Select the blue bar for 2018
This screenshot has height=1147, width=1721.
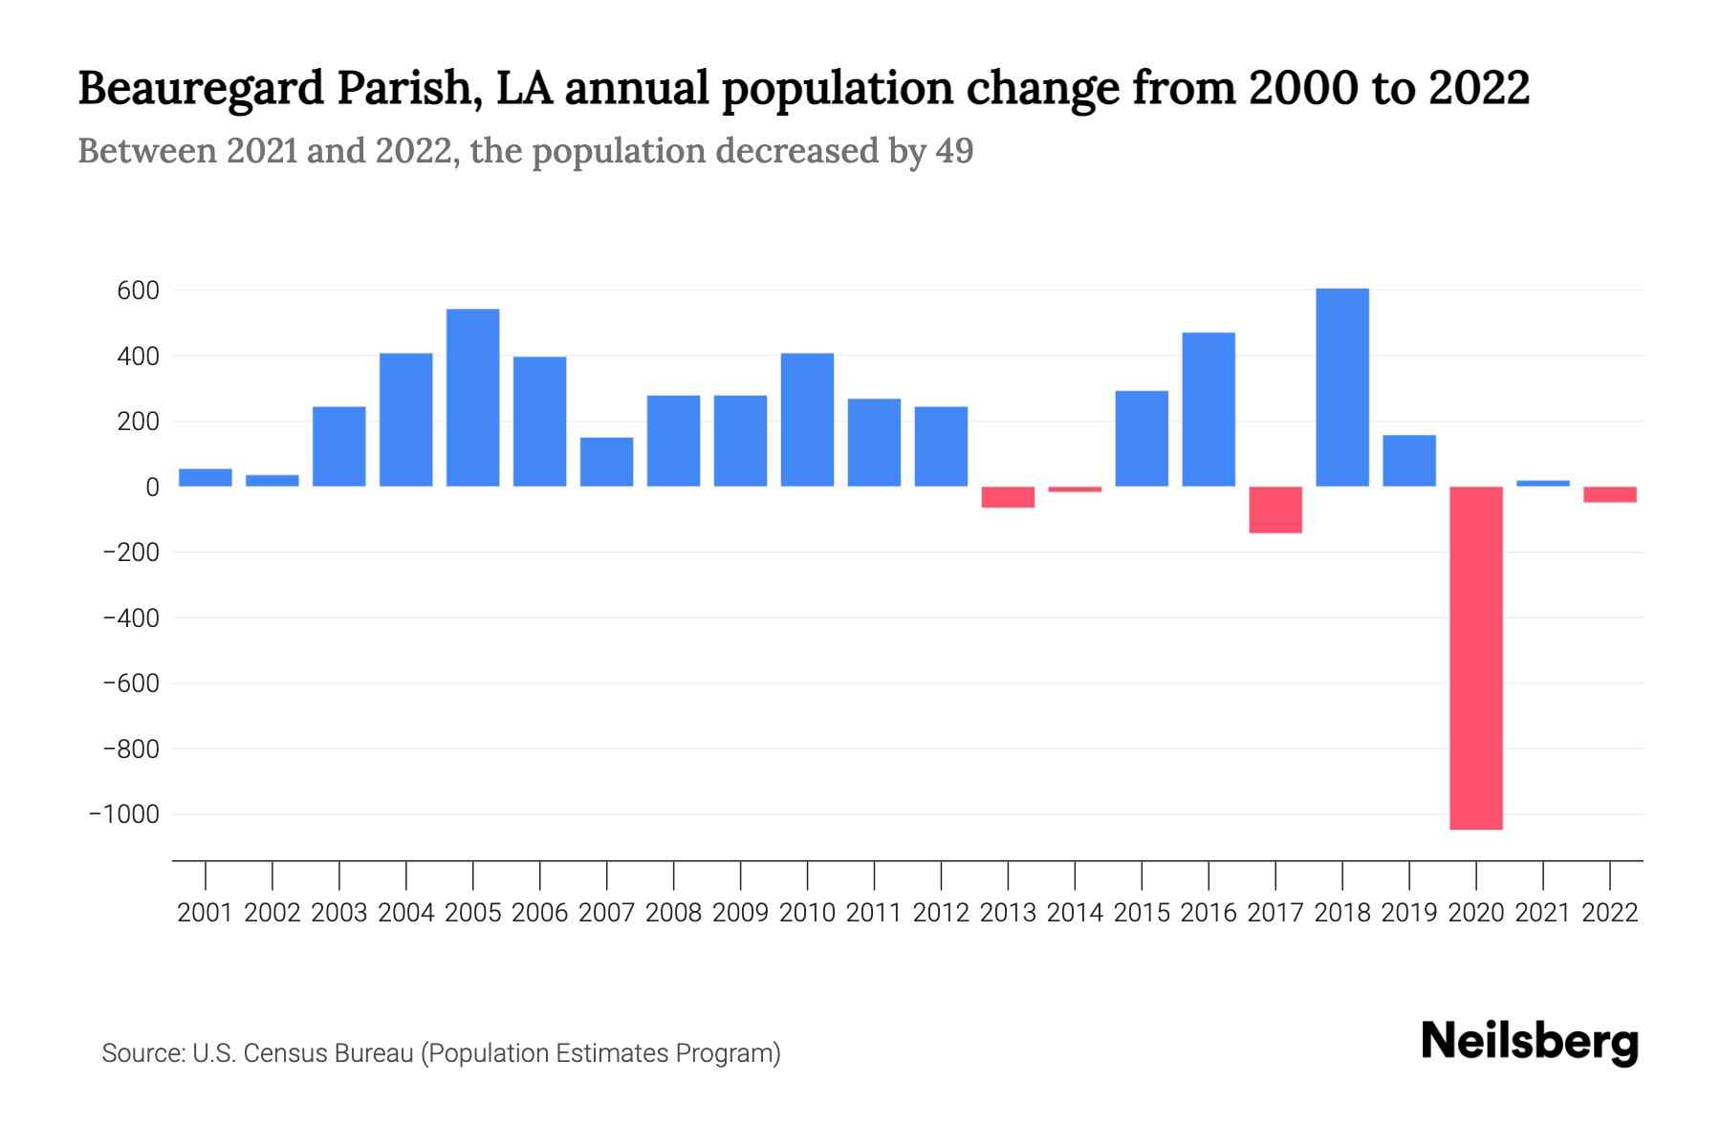tap(1341, 387)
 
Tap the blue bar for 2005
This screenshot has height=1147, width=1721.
tap(472, 398)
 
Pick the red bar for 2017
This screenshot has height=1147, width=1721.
tap(1274, 509)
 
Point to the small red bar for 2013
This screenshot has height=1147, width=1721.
tap(1008, 497)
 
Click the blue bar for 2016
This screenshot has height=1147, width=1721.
tap(1209, 409)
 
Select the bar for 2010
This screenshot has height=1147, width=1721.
tap(807, 420)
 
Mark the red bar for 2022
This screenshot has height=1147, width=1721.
tap(1609, 494)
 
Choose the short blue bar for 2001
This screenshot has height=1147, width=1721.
tap(206, 478)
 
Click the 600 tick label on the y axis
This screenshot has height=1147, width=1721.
tap(138, 291)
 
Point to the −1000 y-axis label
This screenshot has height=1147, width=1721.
tap(124, 814)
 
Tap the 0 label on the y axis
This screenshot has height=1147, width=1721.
tap(152, 487)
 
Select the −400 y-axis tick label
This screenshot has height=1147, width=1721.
tap(130, 618)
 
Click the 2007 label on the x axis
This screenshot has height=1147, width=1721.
tap(606, 913)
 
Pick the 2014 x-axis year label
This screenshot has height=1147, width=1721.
tap(1075, 913)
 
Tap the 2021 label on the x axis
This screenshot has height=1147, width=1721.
tap(1542, 913)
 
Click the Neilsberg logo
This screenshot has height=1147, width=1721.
tap(1530, 1042)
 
